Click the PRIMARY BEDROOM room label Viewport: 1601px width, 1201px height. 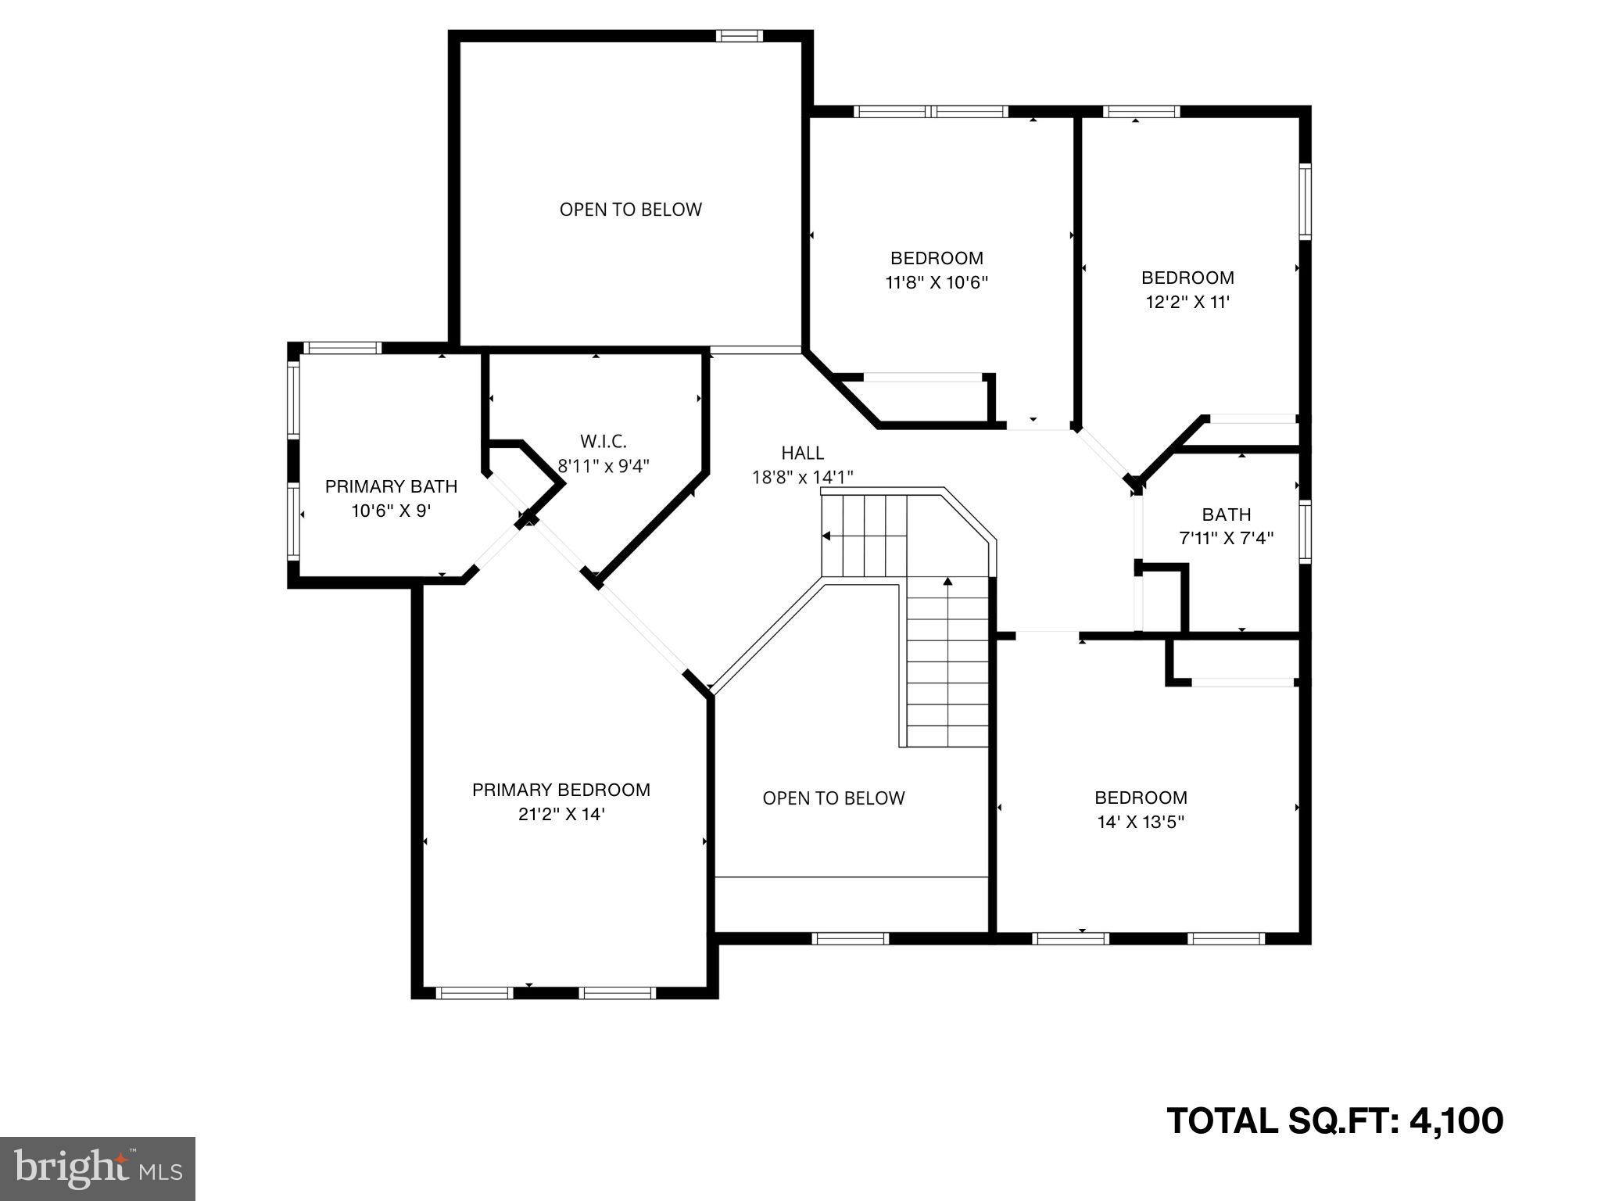point(561,790)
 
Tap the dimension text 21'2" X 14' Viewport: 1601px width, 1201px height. point(561,814)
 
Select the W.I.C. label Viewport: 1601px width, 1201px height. point(603,441)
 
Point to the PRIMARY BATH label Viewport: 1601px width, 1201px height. point(391,486)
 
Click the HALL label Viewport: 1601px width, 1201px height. point(802,453)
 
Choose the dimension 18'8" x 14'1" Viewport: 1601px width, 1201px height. point(802,477)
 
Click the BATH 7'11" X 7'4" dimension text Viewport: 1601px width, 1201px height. point(1226,538)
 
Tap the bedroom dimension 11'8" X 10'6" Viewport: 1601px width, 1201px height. point(937,282)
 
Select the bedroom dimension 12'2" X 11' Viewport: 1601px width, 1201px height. point(1187,302)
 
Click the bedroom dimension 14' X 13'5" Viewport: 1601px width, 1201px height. point(1141,822)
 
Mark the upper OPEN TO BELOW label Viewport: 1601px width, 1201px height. point(630,210)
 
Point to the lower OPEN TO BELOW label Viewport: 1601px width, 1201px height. point(833,798)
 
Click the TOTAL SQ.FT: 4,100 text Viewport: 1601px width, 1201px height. point(1334,1120)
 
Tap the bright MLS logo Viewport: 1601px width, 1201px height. point(98,1169)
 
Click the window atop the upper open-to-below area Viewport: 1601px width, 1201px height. point(740,36)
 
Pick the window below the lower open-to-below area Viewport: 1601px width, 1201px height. point(850,938)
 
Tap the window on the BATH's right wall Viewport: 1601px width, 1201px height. point(1305,531)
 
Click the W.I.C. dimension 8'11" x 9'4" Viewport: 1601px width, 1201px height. point(603,466)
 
